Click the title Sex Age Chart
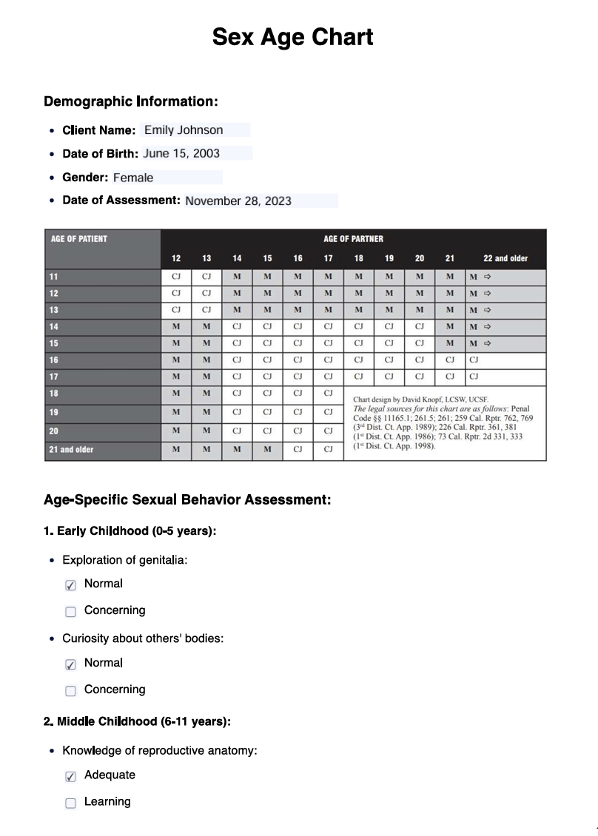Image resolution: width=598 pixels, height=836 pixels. coord(292,37)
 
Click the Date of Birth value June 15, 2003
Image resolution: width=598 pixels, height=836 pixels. coord(196,154)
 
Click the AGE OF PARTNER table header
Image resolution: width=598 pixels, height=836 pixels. coord(353,239)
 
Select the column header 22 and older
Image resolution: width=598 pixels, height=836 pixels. coord(505,258)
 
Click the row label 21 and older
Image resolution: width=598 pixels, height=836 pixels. coord(72,449)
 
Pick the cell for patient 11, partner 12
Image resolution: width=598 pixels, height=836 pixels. coord(176,277)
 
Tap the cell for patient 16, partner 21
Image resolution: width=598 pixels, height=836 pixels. coord(449,360)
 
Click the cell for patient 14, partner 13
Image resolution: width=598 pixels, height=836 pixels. coord(206,326)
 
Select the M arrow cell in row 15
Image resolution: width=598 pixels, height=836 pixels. coord(481,343)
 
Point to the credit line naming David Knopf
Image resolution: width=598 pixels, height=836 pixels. coord(420,400)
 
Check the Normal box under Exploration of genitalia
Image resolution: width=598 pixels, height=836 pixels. coord(70,585)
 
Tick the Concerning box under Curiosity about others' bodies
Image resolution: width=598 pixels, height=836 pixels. coord(70,691)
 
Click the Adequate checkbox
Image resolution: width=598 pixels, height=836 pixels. coord(70,776)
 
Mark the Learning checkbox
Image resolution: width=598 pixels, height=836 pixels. coord(70,803)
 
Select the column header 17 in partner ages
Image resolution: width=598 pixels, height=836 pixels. coord(328,258)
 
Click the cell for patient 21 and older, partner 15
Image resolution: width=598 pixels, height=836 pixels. coord(267,449)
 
